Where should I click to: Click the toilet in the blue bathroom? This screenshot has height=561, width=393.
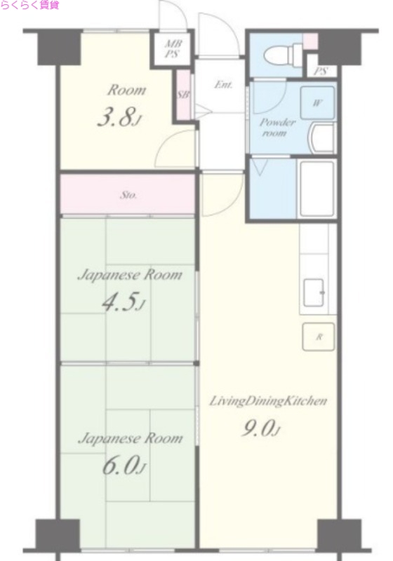point(284,55)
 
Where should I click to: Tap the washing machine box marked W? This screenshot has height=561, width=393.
point(317,103)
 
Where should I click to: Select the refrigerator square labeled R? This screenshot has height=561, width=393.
point(319,337)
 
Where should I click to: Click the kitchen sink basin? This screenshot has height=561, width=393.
point(314,292)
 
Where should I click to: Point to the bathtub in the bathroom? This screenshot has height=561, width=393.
point(317,188)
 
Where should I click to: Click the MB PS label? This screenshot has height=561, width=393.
point(172,49)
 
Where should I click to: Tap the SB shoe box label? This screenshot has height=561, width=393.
point(184,95)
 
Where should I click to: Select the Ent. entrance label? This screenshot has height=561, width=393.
point(223,85)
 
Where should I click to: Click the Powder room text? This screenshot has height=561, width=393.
point(277,128)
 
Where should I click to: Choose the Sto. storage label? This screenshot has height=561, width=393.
point(128,196)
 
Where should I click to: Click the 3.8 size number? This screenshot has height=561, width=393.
point(118,117)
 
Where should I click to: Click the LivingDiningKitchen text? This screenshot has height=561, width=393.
point(268,401)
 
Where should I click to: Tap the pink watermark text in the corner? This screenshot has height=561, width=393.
point(29,5)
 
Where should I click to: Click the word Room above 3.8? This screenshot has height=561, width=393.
point(127,90)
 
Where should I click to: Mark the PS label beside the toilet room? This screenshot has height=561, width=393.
point(321,71)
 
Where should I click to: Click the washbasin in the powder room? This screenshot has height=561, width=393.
point(323,138)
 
